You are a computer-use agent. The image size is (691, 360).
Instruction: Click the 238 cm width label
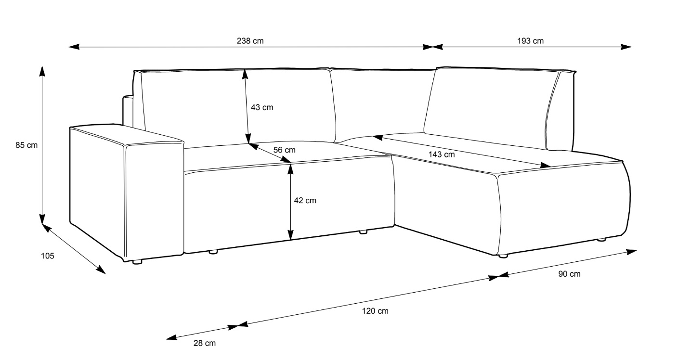pos(250,41)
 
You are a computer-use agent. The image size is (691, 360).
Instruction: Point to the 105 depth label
pos(47,256)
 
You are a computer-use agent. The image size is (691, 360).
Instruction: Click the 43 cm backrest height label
pos(262,107)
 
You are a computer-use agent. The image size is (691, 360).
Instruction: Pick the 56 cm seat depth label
pos(284,150)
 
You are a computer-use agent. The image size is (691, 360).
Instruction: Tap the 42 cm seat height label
pos(305,200)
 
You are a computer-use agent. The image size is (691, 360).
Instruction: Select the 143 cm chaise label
pos(441,154)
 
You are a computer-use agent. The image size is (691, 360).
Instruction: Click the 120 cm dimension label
pos(375,311)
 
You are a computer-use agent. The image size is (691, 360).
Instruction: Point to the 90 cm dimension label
pos(569,274)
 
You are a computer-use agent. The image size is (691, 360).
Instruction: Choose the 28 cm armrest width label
pos(205,343)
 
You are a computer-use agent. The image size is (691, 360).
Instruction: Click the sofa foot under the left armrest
pos(137,262)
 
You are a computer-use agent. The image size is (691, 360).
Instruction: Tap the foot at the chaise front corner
pos(503,256)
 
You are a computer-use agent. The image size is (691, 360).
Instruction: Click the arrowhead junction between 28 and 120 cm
pos(238,327)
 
